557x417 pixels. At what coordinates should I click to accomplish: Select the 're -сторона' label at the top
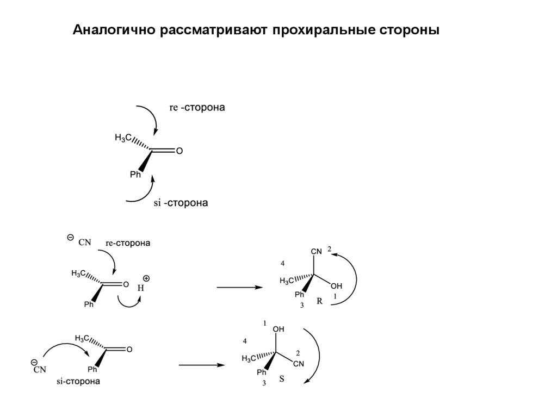197,108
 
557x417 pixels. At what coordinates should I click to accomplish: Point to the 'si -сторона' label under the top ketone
181,203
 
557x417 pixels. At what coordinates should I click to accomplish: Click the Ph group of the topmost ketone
135,175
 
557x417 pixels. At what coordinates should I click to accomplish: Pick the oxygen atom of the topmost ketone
180,152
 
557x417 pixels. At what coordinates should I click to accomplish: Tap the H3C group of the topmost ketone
123,138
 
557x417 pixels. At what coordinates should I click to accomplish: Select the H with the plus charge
141,288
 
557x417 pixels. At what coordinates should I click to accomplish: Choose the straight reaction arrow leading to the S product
202,365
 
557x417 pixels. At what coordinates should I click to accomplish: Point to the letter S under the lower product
282,379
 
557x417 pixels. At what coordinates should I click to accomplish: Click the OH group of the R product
337,286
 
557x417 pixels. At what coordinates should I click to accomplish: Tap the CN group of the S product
298,364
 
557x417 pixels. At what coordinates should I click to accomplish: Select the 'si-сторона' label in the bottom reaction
78,381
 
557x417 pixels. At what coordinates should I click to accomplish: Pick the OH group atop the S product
278,329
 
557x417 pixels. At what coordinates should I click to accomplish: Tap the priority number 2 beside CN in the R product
330,249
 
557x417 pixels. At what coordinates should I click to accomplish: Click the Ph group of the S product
262,372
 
